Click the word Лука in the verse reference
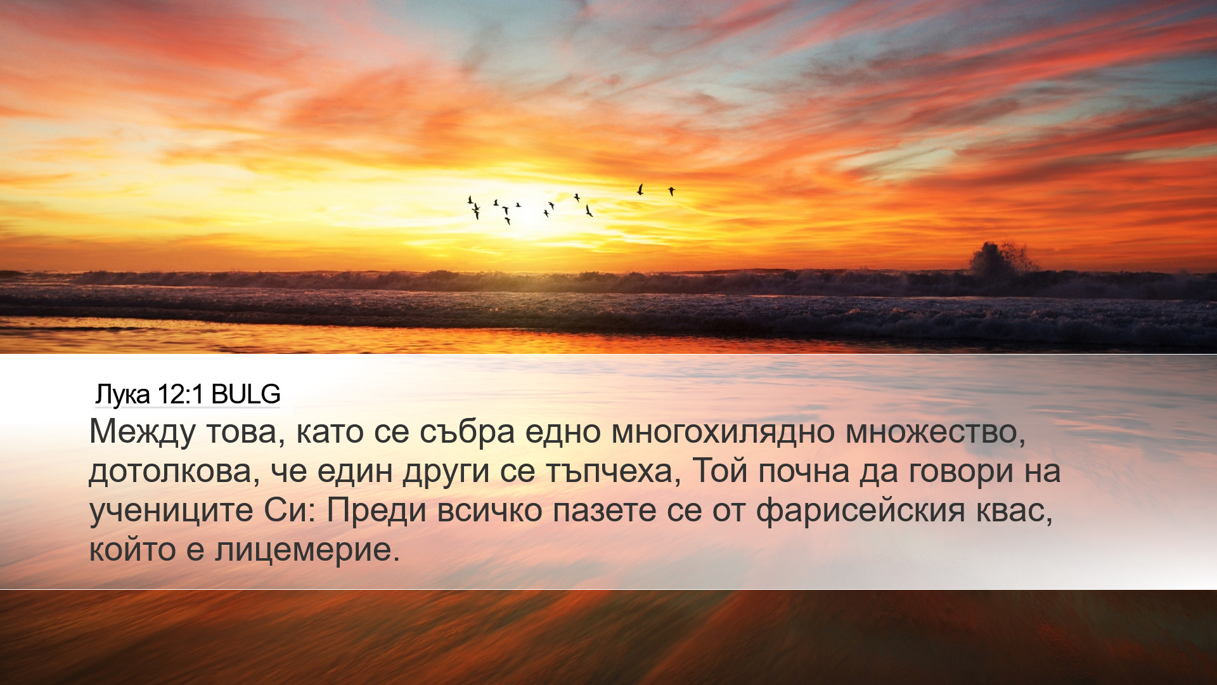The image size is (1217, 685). click(x=122, y=395)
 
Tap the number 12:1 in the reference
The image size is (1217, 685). click(x=181, y=395)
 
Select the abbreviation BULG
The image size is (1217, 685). click(x=246, y=395)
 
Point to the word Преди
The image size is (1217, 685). click(x=377, y=510)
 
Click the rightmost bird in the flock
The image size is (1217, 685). click(x=671, y=190)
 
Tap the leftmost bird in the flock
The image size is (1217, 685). click(x=470, y=200)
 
